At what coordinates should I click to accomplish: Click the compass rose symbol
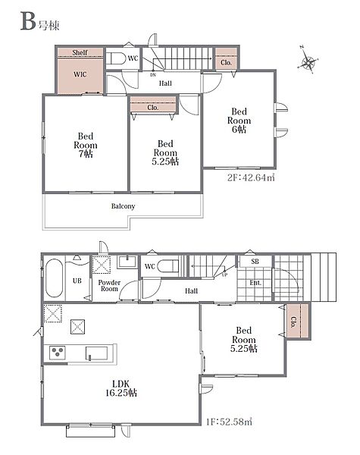point(308,61)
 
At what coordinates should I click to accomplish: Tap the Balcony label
point(123,206)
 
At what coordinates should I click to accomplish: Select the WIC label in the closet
point(80,74)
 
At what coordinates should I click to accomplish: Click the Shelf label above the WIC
point(80,52)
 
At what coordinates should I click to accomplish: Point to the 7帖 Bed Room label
point(86,145)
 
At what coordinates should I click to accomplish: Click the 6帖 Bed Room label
point(239,121)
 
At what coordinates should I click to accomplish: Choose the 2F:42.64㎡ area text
point(251,177)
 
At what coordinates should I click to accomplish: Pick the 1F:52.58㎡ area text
point(229,422)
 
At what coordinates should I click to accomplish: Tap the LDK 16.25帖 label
point(121,388)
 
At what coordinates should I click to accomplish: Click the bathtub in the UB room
point(55,278)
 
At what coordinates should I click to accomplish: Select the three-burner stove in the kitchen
point(57,353)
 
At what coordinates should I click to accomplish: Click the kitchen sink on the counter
point(96,353)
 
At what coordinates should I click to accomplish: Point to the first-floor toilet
point(168,266)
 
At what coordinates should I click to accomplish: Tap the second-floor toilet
point(116,58)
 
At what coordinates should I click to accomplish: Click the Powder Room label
point(109,286)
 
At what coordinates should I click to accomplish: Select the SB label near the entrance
point(255,262)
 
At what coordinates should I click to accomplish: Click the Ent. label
point(255,283)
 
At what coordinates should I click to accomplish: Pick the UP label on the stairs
point(224,275)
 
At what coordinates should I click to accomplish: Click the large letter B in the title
point(28,21)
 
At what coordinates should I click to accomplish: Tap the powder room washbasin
point(127,262)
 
